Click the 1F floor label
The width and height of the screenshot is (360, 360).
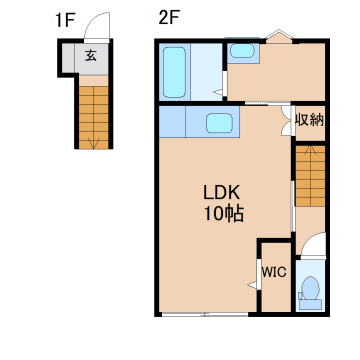point(64,21)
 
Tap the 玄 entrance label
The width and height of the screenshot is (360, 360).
point(91,55)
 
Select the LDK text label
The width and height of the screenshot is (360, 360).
point(221,193)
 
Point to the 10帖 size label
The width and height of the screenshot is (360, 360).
point(224,214)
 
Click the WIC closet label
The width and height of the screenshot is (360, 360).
point(274,272)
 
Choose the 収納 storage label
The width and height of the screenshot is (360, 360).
point(310,120)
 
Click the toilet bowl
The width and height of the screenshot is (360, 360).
point(310,288)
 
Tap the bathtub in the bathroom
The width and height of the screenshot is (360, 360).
point(174,72)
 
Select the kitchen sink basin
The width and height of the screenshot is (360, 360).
point(219,123)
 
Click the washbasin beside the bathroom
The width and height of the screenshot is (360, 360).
point(242,51)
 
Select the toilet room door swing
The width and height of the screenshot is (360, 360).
point(313,243)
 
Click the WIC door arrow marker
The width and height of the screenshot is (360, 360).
point(252,285)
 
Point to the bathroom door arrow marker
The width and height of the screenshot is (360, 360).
point(218,92)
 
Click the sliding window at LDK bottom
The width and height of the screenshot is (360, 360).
point(205,314)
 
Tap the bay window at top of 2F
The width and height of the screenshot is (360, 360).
point(279,36)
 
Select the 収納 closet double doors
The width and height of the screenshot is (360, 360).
point(287,121)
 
